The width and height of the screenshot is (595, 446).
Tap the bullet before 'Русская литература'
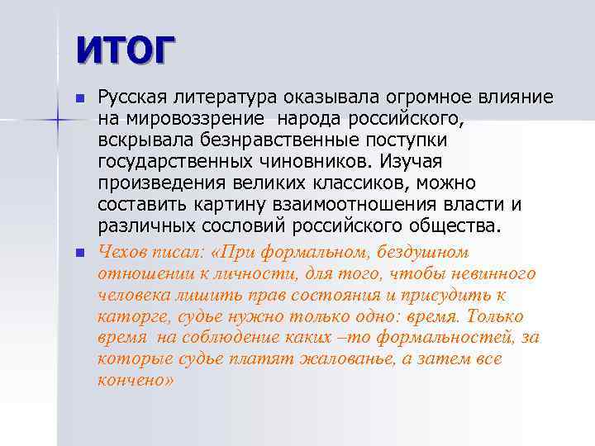(79, 98)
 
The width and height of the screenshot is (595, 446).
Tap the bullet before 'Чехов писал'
(79, 252)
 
